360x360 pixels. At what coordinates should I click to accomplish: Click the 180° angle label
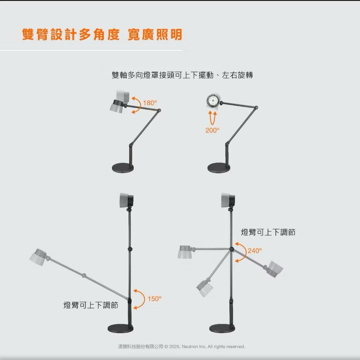pyautogui.click(x=150, y=103)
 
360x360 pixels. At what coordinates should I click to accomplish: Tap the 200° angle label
pyautogui.click(x=212, y=130)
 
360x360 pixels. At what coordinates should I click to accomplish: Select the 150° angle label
pyautogui.click(x=155, y=299)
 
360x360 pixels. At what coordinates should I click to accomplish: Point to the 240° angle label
pyautogui.click(x=255, y=250)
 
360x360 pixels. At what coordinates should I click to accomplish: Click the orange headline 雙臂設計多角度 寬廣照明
pyautogui.click(x=102, y=35)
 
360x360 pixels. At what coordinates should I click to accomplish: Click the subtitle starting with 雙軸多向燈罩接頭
pyautogui.click(x=182, y=75)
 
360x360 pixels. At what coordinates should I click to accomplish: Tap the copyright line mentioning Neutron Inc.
pyautogui.click(x=181, y=346)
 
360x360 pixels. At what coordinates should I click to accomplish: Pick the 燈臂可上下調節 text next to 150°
pyautogui.click(x=91, y=305)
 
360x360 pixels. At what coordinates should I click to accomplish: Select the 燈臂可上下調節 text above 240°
pyautogui.click(x=268, y=232)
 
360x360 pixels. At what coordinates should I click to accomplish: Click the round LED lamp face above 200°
pyautogui.click(x=213, y=101)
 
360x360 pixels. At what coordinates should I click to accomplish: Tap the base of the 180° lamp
pyautogui.click(x=123, y=168)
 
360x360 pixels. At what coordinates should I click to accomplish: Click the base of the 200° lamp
pyautogui.click(x=218, y=168)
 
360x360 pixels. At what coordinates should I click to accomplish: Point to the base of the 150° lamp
pyautogui.click(x=120, y=328)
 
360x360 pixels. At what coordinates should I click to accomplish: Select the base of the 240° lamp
pyautogui.click(x=222, y=328)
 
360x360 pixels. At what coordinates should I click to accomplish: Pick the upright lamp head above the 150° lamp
pyautogui.click(x=127, y=200)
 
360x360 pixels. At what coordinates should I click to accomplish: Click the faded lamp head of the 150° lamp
pyautogui.click(x=38, y=257)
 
